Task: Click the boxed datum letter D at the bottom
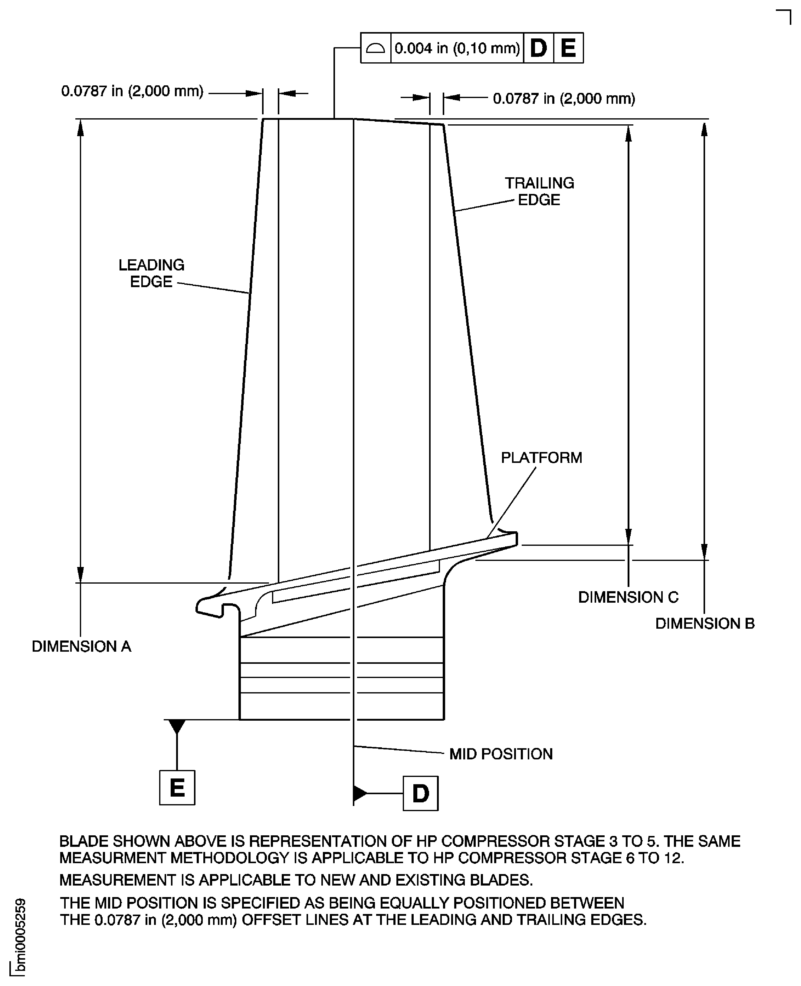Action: (x=420, y=794)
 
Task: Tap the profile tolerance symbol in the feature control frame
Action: (x=375, y=48)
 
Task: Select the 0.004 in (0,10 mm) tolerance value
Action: (x=457, y=48)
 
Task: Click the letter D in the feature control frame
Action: (x=538, y=48)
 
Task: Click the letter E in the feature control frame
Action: (x=568, y=48)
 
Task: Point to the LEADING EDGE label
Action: (x=151, y=273)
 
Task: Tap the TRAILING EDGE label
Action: (x=539, y=191)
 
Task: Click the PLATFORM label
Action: (x=541, y=458)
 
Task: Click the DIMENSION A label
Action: (x=81, y=647)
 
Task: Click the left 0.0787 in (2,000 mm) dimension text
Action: (x=133, y=91)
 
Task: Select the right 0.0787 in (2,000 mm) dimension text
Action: (x=564, y=98)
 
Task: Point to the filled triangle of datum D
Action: (x=359, y=794)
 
